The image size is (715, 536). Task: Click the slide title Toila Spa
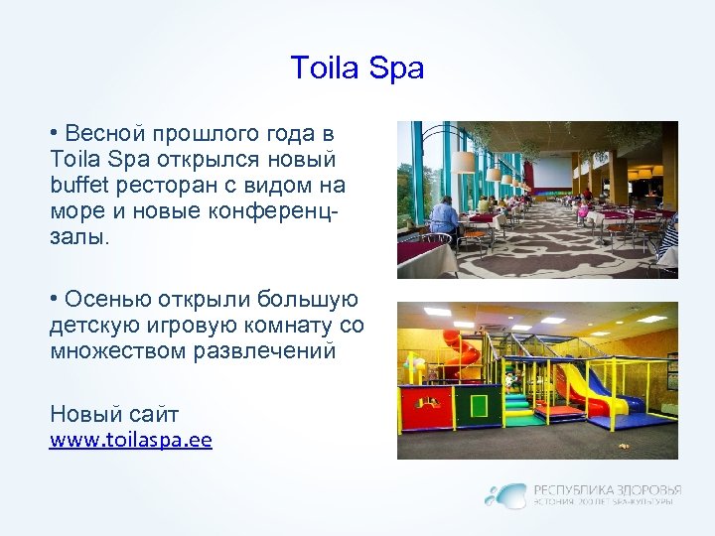[357, 68]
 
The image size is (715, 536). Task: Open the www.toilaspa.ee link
[130, 439]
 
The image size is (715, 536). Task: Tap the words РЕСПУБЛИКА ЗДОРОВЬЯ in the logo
[608, 489]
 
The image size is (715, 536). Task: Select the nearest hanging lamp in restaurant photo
[464, 162]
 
